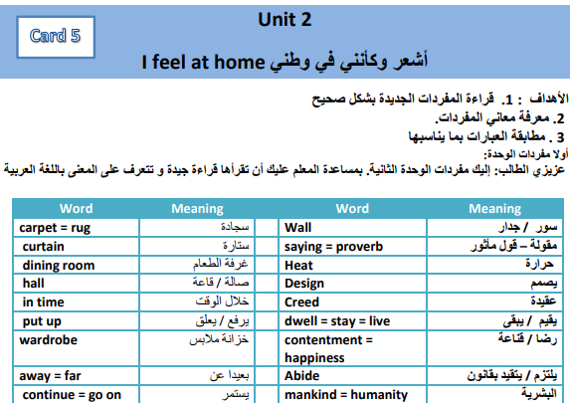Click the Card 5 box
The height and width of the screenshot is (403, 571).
(x=56, y=37)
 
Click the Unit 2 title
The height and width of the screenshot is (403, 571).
(x=285, y=20)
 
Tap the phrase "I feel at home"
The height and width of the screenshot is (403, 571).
(x=203, y=62)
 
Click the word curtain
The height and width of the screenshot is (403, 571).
(x=44, y=247)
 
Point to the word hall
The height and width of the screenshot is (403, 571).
(x=34, y=284)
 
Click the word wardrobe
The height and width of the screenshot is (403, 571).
(x=49, y=340)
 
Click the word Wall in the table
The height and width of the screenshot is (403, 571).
(x=297, y=228)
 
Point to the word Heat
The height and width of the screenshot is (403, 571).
(x=298, y=266)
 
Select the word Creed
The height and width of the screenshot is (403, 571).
(x=301, y=302)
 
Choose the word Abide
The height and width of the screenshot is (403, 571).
(x=301, y=376)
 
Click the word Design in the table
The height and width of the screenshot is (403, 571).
(x=304, y=284)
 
